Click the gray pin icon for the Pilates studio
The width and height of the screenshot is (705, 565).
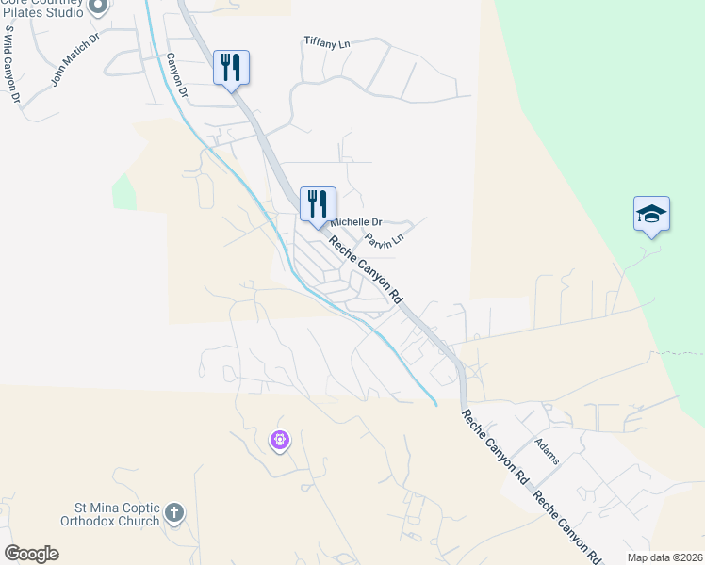tap(97, 7)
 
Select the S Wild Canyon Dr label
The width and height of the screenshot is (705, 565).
tap(11, 63)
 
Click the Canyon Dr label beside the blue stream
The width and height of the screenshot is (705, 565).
tap(176, 76)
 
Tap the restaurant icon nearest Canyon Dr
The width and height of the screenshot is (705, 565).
tap(231, 68)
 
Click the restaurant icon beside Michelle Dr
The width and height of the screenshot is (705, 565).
tap(318, 203)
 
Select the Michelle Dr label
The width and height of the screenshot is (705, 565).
tap(353, 221)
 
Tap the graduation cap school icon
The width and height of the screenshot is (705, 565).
tap(651, 214)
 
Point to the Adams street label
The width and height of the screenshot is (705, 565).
tap(547, 451)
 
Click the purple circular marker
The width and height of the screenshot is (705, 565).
tap(279, 439)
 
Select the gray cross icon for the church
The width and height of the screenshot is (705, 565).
tap(172, 513)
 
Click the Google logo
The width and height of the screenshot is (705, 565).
tap(31, 554)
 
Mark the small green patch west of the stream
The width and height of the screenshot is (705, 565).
tap(123, 192)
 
